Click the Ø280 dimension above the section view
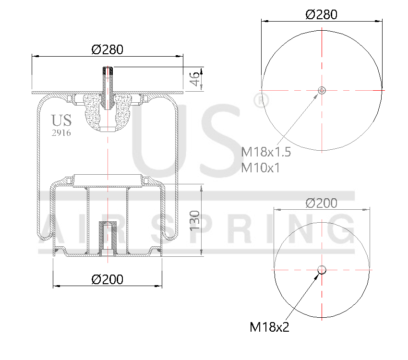108,49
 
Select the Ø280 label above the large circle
321,14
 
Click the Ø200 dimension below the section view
107,279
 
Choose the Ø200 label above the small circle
321,203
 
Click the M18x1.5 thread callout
266,152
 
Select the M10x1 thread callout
261,168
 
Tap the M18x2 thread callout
269,327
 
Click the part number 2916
61,133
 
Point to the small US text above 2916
61,120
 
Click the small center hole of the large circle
322,90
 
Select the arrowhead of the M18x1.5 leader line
317,95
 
